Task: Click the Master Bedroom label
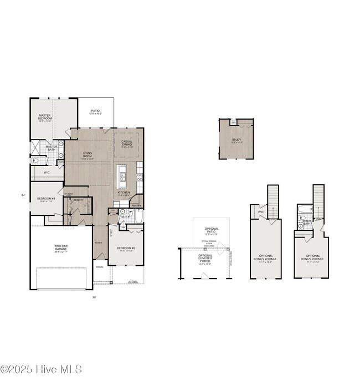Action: pyautogui.click(x=45, y=117)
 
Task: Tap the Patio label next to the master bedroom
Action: pyautogui.click(x=95, y=111)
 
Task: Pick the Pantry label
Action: pyautogui.click(x=137, y=205)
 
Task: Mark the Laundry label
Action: pyautogui.click(x=78, y=200)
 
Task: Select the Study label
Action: pyautogui.click(x=236, y=141)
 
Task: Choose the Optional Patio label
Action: pyautogui.click(x=212, y=230)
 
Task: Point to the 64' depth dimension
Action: pyautogui.click(x=23, y=195)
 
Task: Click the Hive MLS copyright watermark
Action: pyautogui.click(x=42, y=369)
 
